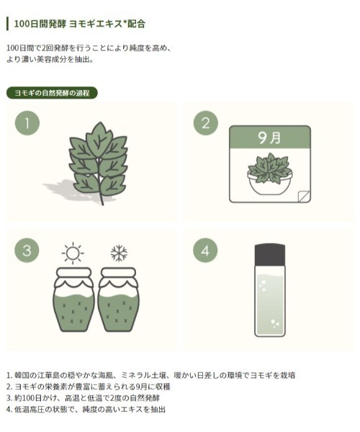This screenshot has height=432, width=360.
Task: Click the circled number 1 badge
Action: click(27, 123)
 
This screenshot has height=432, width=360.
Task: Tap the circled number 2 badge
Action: click(206, 123)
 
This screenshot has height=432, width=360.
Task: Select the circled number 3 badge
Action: click(27, 251)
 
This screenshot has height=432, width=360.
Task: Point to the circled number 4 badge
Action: click(205, 251)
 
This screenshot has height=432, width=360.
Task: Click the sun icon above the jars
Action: click(73, 253)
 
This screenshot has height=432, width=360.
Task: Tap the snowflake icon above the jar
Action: click(119, 253)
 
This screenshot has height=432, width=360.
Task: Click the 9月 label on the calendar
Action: click(269, 138)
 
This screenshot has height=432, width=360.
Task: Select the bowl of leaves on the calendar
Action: click(270, 174)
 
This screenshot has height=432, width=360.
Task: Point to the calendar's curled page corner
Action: click(304, 196)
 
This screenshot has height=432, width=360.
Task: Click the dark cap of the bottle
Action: click(270, 255)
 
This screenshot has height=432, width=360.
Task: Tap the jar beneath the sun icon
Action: click(73, 300)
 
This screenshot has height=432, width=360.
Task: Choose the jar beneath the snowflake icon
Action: click(118, 300)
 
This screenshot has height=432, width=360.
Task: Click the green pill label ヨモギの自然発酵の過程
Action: click(52, 93)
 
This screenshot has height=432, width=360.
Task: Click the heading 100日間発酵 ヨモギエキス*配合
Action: click(80, 24)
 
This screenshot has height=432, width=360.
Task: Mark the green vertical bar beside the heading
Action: click(8, 24)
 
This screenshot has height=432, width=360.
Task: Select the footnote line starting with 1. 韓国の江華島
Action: click(151, 375)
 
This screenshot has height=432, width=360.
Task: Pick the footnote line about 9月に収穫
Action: click(89, 387)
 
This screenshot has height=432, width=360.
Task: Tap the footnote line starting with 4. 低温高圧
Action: click(86, 409)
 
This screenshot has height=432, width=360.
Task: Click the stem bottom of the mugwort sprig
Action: click(102, 204)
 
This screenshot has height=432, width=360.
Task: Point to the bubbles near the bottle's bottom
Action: click(274, 323)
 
